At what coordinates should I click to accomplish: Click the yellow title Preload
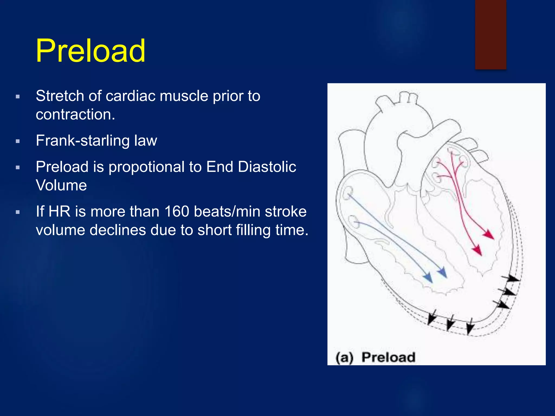(91, 51)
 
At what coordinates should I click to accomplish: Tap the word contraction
(75, 114)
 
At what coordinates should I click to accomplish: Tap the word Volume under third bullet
(61, 185)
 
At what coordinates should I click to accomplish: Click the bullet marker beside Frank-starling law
(18, 141)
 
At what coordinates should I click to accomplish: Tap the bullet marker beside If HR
(18, 212)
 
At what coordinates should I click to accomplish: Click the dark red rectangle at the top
(491, 34)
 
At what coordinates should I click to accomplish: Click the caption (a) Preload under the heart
(375, 357)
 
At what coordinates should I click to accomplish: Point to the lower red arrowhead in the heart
(477, 250)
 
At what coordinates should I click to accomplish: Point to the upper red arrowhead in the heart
(489, 235)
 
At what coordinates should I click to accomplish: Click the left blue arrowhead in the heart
(428, 278)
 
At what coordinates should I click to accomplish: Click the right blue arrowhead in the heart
(443, 272)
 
